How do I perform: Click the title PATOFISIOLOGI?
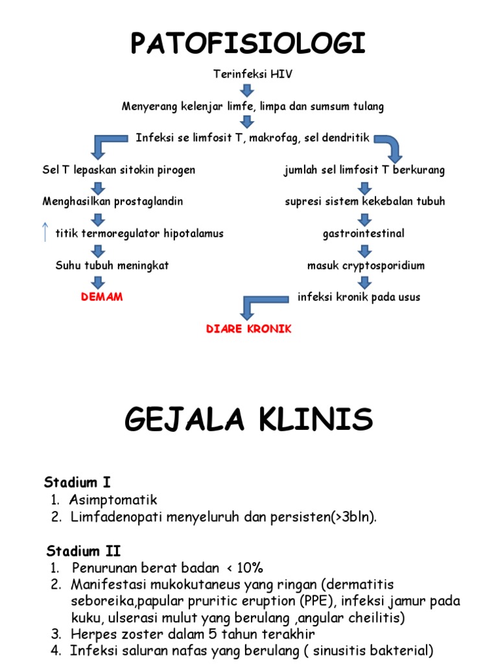[248, 43]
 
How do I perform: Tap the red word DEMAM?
[102, 297]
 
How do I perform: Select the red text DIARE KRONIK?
[249, 329]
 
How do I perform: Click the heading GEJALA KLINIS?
[248, 420]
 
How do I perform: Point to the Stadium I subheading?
[77, 482]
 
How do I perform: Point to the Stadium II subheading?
[83, 551]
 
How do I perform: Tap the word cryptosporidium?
[383, 266]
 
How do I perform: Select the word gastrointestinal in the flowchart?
[364, 233]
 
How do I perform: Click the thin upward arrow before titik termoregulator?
[45, 231]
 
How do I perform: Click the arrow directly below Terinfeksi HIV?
[247, 90]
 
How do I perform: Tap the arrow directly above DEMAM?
[98, 281]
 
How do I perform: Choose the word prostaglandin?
[150, 202]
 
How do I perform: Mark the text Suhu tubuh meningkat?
[112, 266]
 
